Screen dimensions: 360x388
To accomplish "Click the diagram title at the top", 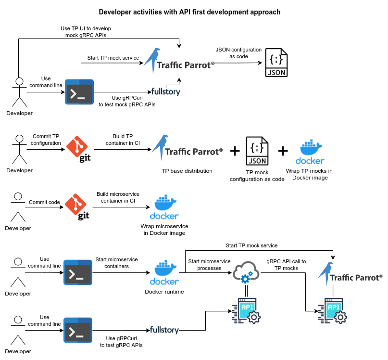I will [189, 12].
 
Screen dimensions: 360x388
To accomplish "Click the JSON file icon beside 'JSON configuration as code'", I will [276, 63].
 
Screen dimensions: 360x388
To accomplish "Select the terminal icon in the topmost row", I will [79, 91].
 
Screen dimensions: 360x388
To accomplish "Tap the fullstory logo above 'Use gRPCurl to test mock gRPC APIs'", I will [166, 91].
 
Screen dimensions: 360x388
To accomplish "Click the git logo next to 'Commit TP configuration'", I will [79, 150].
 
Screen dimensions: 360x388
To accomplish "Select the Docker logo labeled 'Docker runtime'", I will [164, 274].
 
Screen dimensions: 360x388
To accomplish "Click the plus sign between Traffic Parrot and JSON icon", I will [235, 151].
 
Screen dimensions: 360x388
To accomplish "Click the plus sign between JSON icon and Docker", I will [283, 151].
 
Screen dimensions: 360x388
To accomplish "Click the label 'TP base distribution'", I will [187, 171].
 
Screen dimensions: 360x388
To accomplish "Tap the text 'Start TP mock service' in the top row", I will [113, 58].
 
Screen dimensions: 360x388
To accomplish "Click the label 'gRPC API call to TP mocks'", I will [286, 265].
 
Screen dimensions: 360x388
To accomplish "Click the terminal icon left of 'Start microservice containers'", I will [78, 273].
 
